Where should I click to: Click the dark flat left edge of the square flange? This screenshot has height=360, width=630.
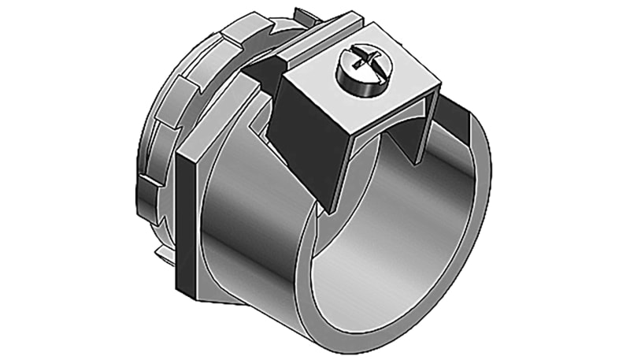pos(186,213)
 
